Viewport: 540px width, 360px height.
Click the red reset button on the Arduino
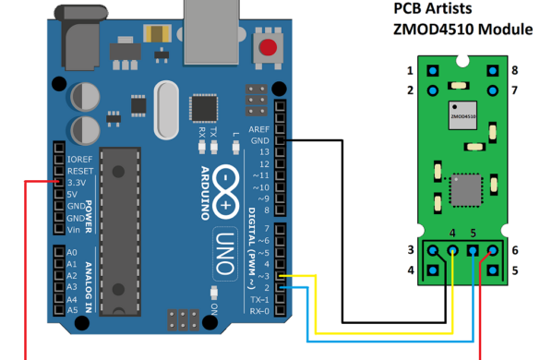tap(270, 49)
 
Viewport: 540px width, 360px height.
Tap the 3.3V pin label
tap(78, 183)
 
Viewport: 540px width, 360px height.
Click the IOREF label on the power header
tap(80, 160)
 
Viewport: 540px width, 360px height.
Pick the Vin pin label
tap(76, 229)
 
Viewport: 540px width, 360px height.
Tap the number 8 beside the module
tap(514, 70)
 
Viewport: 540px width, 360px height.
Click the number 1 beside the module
tap(410, 70)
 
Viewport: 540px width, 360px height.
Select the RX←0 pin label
tap(259, 310)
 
